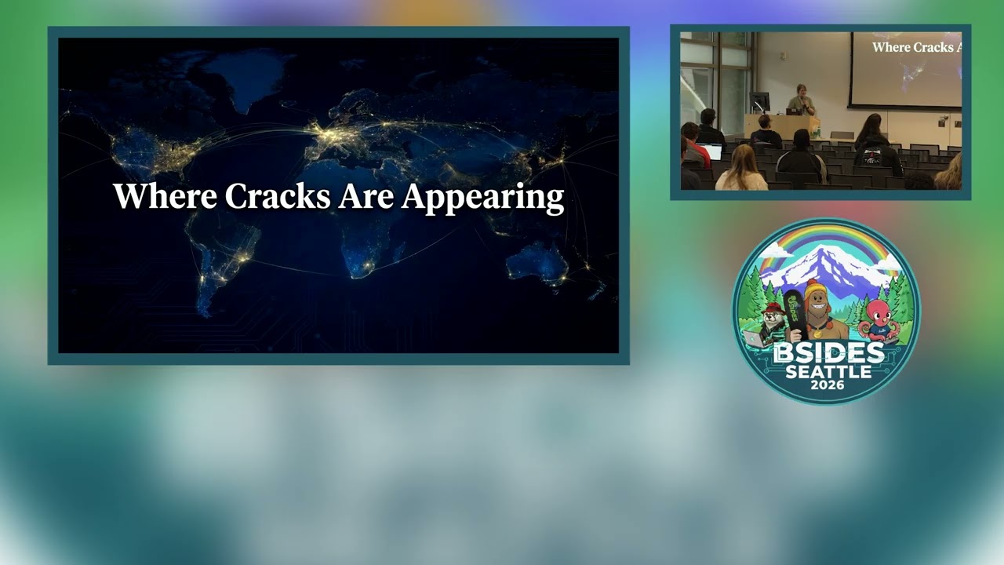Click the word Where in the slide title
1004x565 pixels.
pyautogui.click(x=165, y=196)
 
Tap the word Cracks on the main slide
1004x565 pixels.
pyautogui.click(x=278, y=196)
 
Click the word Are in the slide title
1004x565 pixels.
pyautogui.click(x=366, y=196)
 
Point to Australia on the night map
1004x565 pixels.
pyautogui.click(x=537, y=263)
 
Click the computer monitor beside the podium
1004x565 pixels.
pyautogui.click(x=759, y=102)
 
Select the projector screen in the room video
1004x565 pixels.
pyautogui.click(x=906, y=69)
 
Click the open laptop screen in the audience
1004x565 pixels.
pyautogui.click(x=712, y=151)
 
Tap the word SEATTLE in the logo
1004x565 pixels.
pyautogui.click(x=828, y=372)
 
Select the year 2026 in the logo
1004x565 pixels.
pyautogui.click(x=828, y=385)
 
